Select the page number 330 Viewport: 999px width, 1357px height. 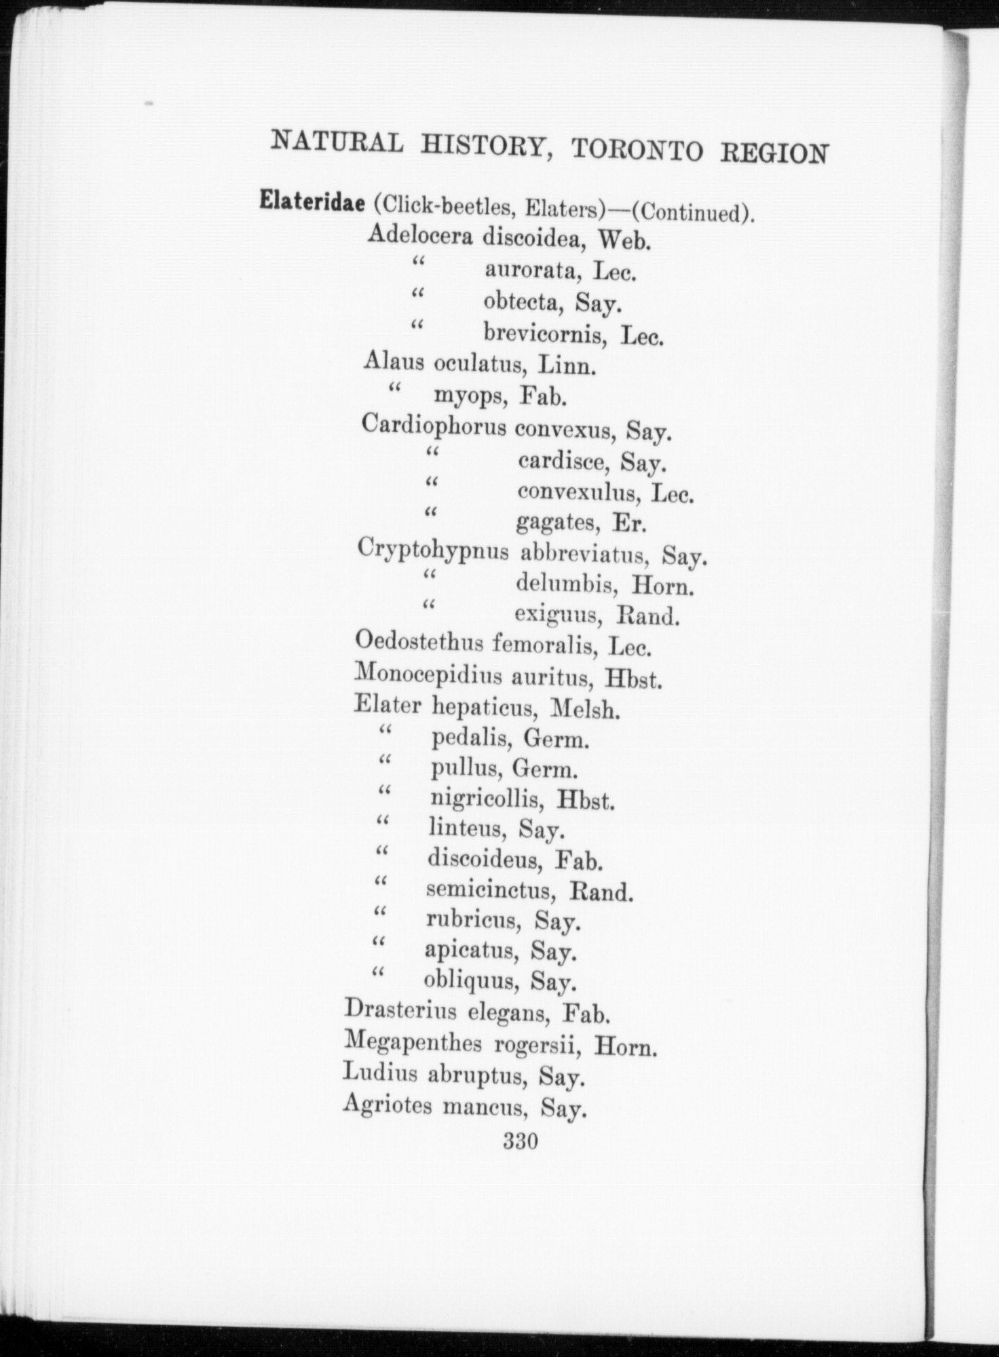point(521,1141)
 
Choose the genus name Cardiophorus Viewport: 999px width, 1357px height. point(434,426)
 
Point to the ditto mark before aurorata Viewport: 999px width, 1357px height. point(417,263)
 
